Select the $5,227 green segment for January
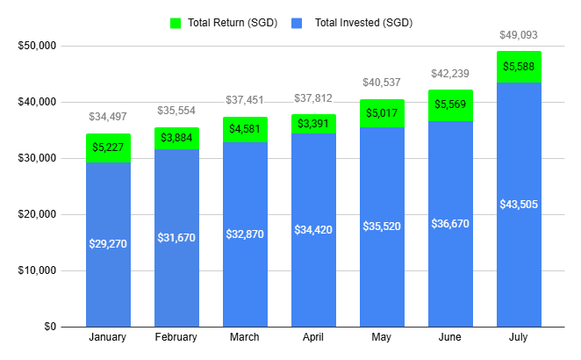coord(108,148)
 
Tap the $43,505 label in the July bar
coord(519,204)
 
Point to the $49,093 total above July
coord(519,35)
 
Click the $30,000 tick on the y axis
coord(37,158)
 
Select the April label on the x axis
coord(313,337)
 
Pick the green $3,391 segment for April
coord(313,124)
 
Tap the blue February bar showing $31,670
coord(176,237)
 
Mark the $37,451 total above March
coord(245,101)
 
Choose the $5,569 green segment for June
coord(450,104)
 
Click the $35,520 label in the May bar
coord(382,226)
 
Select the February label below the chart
coord(176,337)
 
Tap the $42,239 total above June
coord(450,74)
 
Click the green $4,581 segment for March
coord(245,129)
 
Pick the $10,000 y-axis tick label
coord(37,270)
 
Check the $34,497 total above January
coord(108,117)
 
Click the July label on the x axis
coord(519,337)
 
